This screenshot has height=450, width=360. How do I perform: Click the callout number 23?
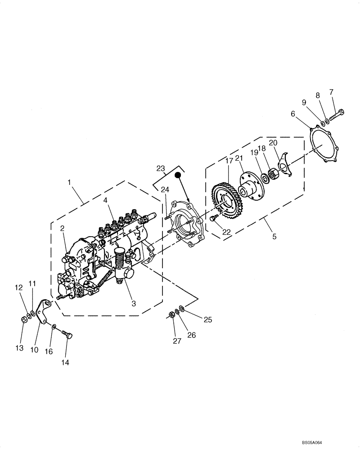coord(161,169)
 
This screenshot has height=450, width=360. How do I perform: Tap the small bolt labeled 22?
coord(213,218)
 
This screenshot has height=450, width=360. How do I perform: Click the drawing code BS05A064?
coord(332,443)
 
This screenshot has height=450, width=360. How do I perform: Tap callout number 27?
coord(177,342)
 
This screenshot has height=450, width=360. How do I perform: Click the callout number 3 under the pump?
coord(134,304)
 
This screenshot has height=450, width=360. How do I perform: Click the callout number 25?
coord(207,319)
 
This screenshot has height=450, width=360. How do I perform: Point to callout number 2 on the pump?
coord(62,228)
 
